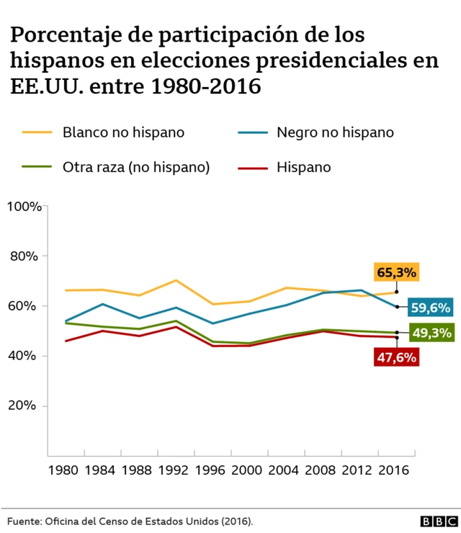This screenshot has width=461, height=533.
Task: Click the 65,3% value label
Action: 396,273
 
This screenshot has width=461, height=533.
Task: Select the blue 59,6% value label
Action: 430,308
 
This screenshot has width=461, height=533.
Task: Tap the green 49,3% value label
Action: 430,333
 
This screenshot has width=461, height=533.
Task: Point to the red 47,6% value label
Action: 396,357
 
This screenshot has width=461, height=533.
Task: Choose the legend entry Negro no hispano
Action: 335,133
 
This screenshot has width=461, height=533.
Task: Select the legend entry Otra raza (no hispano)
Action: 136,167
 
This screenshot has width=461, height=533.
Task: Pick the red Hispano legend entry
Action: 303,167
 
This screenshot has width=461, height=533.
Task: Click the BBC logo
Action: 435,519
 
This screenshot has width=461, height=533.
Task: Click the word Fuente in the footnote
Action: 24,519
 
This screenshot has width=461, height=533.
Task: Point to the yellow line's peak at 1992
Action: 176,280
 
